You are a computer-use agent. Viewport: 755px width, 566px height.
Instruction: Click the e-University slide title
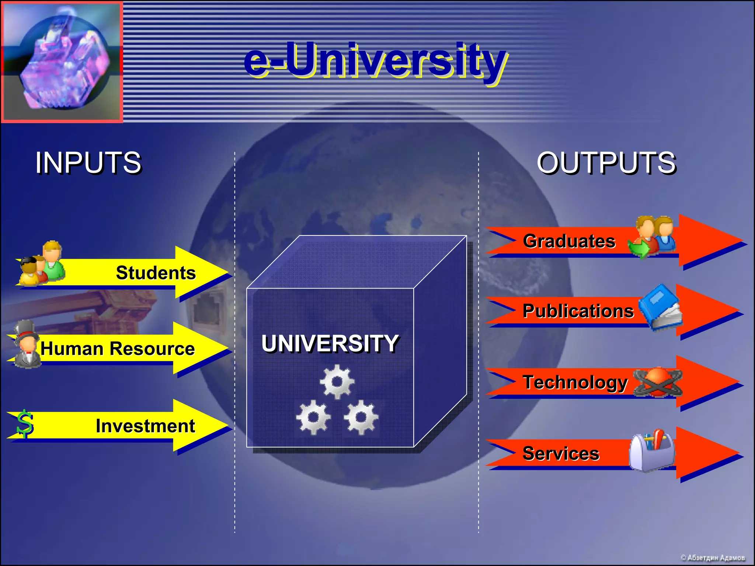[375, 61]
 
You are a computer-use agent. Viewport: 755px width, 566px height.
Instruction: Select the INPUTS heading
[88, 163]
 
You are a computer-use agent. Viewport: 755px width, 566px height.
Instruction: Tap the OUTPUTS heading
[606, 163]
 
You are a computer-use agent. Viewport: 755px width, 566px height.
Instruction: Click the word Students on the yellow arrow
[156, 273]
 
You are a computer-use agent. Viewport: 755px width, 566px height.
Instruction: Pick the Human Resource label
[117, 349]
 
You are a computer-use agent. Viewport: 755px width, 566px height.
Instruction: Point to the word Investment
[145, 426]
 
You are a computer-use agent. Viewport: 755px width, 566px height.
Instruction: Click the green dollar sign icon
[25, 424]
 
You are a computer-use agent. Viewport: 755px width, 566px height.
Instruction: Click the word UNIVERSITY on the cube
[330, 343]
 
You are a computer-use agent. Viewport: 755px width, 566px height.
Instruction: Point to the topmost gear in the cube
[337, 382]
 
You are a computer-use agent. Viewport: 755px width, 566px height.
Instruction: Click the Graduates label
[569, 241]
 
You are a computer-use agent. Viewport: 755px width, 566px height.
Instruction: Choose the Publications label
[578, 311]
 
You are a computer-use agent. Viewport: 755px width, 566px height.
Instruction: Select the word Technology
[575, 382]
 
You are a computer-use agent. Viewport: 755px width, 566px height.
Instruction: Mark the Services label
[561, 454]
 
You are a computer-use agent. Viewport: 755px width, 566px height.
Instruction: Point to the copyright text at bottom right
[712, 558]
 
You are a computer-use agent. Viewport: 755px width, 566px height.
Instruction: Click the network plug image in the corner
[62, 62]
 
